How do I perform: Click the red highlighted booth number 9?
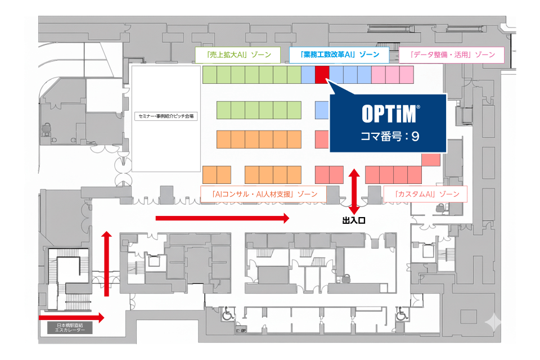point(322,74)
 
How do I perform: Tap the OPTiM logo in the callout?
point(390,114)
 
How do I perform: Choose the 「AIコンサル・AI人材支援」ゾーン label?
point(263,193)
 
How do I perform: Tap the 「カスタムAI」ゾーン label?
point(425,193)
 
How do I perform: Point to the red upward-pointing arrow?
point(106,263)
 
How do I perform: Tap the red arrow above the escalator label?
point(72,318)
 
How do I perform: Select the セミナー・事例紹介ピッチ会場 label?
point(166,117)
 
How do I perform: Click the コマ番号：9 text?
point(390,137)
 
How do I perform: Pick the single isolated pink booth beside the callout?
point(430,159)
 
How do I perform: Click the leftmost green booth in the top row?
point(209,74)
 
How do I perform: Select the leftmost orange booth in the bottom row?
point(209,174)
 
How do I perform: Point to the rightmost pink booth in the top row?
point(407,74)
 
